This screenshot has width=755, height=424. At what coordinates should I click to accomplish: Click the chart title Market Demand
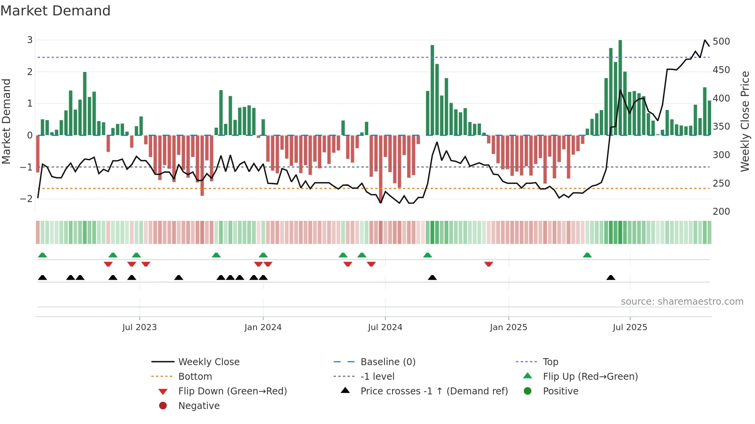[55, 11]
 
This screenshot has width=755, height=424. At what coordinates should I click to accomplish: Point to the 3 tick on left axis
[30, 40]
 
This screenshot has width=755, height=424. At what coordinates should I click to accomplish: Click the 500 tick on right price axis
[721, 42]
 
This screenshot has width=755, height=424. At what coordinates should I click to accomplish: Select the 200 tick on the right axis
[721, 212]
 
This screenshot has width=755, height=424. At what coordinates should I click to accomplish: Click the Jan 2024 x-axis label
[263, 327]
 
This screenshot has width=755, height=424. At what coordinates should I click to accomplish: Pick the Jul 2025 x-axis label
[630, 327]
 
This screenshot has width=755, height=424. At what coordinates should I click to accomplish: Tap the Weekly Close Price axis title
[745, 121]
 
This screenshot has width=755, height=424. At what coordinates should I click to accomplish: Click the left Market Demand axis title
[6, 121]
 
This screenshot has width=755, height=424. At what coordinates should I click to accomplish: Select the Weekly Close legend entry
[208, 362]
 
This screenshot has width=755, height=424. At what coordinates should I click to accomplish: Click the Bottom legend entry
[195, 377]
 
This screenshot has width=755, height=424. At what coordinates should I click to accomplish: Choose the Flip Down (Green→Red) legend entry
[232, 391]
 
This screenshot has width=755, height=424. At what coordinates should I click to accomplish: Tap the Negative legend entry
[199, 406]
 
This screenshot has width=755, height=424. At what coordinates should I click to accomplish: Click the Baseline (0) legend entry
[388, 362]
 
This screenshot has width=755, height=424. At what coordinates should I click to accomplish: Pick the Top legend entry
[550, 362]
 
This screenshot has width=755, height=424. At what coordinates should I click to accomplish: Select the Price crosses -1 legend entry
[434, 391]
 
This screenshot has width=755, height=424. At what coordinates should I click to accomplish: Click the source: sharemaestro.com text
[682, 302]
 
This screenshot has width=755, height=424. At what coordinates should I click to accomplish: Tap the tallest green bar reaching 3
[620, 88]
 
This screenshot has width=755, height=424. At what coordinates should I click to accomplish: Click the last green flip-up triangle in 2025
[587, 255]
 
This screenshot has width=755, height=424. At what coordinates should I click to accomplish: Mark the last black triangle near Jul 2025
[611, 278]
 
